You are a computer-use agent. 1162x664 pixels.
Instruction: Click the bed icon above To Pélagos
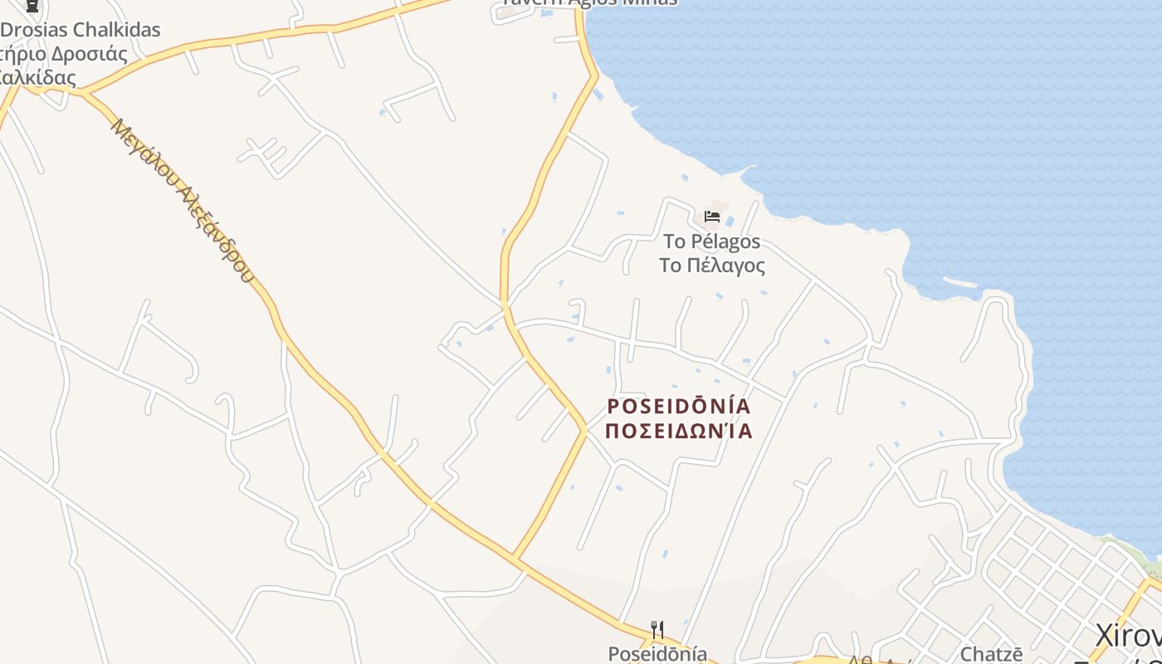coord(711,217)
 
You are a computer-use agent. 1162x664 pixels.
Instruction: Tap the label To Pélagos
coord(711,242)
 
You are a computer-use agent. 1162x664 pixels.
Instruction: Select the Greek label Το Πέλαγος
coord(711,266)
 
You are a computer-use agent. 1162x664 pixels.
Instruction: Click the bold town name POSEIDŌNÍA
coord(679,407)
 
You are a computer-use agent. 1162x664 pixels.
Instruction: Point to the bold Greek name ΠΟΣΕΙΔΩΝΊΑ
coord(679,431)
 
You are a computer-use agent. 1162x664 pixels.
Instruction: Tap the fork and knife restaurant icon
coord(657,630)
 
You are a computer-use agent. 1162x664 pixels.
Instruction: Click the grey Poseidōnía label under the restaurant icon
coord(657,654)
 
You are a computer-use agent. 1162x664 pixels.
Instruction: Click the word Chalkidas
coord(116,30)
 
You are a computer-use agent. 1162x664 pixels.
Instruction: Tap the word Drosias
coord(35,30)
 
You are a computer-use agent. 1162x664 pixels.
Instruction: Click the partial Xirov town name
coord(1128,637)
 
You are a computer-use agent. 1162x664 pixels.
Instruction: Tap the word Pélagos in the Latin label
coord(725,242)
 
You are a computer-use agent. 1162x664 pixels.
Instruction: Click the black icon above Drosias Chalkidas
coord(32,5)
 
